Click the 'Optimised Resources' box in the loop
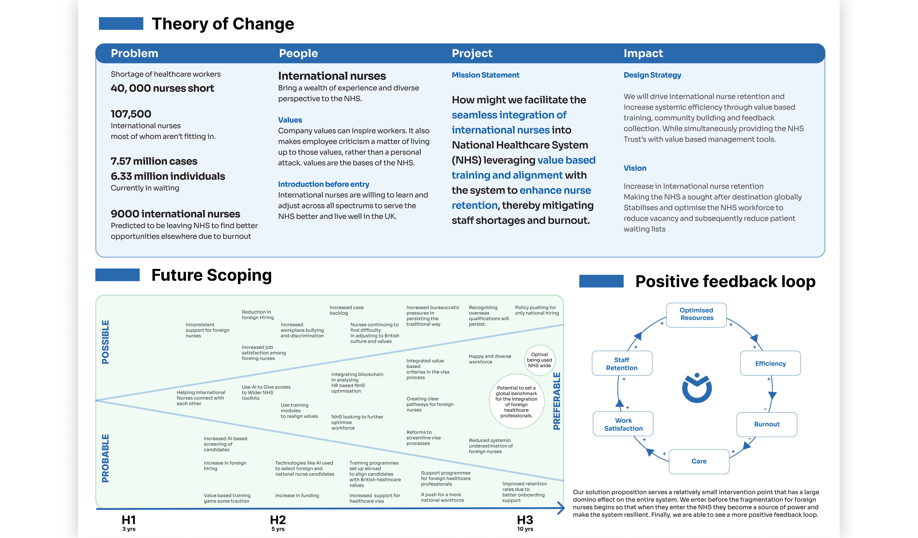[696, 315]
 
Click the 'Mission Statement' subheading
[485, 75]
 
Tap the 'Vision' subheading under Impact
[635, 168]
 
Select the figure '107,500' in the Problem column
[131, 114]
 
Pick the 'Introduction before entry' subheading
[323, 184]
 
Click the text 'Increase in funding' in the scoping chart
[297, 495]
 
